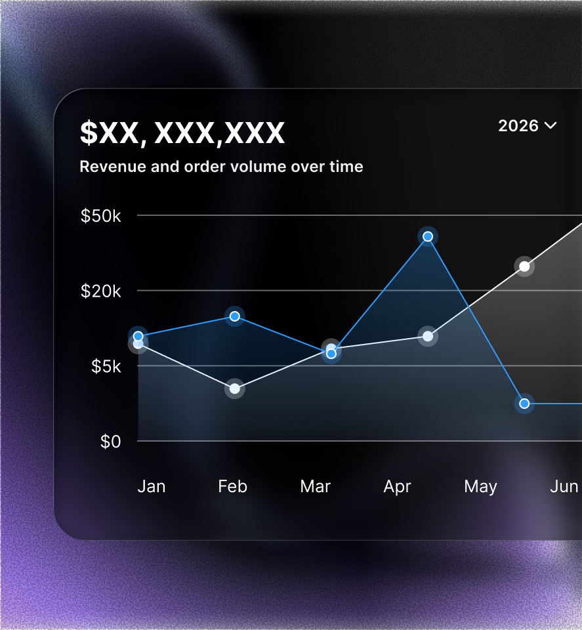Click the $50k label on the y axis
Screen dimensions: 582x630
pyautogui.click(x=100, y=216)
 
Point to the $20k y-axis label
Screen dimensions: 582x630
pyautogui.click(x=100, y=291)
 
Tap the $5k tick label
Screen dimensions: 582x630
pyautogui.click(x=106, y=366)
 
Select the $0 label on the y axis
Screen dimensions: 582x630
pyautogui.click(x=110, y=442)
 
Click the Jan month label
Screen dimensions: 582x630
pyautogui.click(x=152, y=486)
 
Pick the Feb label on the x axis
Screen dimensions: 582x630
pyautogui.click(x=232, y=486)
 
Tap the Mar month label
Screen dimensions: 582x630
pyautogui.click(x=316, y=486)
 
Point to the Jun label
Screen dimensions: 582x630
pyautogui.click(x=564, y=486)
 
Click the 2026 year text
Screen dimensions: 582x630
pyautogui.click(x=518, y=126)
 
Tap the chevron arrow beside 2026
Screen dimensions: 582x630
pyautogui.click(x=551, y=126)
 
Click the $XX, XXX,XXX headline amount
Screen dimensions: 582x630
pyautogui.click(x=182, y=133)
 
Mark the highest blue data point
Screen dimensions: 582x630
pyautogui.click(x=428, y=237)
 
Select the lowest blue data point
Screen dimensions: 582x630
pyautogui.click(x=524, y=404)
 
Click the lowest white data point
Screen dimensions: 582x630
pyautogui.click(x=234, y=388)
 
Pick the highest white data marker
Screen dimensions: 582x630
pyautogui.click(x=524, y=266)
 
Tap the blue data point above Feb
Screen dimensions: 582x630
pyautogui.click(x=234, y=316)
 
